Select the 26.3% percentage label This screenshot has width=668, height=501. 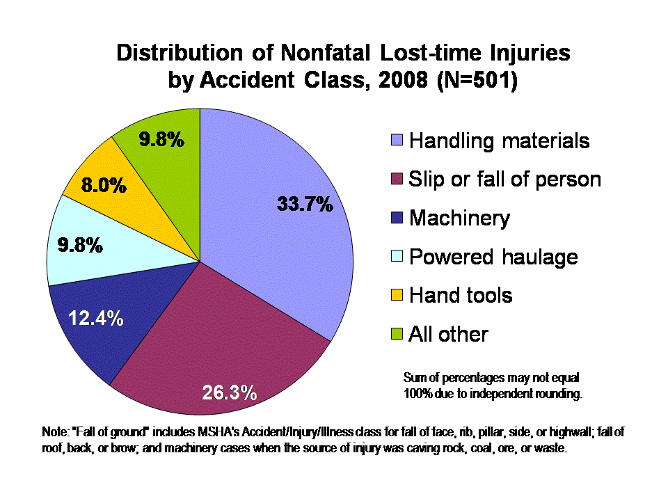pyautogui.click(x=230, y=393)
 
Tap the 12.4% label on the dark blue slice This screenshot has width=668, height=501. pyautogui.click(x=95, y=319)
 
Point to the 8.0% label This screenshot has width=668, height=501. pyautogui.click(x=104, y=186)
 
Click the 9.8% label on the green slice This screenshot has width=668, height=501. pyautogui.click(x=161, y=140)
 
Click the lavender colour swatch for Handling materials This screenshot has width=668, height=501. pyautogui.click(x=397, y=141)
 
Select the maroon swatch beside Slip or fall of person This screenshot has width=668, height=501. pyautogui.click(x=397, y=180)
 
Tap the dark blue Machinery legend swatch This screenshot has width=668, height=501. pyautogui.click(x=397, y=218)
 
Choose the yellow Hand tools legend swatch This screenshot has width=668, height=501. pyautogui.click(x=397, y=295)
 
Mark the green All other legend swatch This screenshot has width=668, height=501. pyautogui.click(x=397, y=334)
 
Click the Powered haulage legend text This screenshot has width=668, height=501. pyautogui.click(x=493, y=257)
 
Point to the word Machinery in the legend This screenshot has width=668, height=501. pyautogui.click(x=459, y=218)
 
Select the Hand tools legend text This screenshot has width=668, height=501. pyautogui.click(x=461, y=295)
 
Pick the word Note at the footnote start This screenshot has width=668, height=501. pyautogui.click(x=54, y=433)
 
